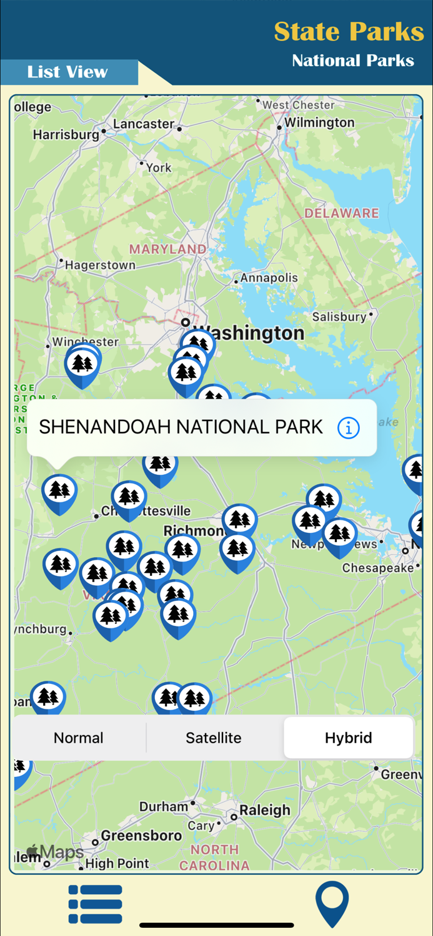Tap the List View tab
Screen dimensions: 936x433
(67, 72)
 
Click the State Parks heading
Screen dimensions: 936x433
(349, 31)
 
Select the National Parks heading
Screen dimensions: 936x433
(353, 61)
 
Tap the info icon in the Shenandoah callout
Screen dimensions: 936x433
(349, 427)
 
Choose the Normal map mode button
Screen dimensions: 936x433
(79, 738)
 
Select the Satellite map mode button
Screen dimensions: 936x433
(214, 738)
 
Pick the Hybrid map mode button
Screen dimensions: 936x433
(349, 738)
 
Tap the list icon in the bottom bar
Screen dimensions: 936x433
(95, 904)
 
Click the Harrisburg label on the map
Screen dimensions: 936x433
(66, 134)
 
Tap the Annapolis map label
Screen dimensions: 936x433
(269, 278)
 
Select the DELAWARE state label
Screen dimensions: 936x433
(341, 213)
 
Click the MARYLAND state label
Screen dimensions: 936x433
(167, 249)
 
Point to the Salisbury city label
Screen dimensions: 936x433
(339, 317)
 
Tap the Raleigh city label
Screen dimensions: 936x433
(265, 810)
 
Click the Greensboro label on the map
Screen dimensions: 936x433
(141, 836)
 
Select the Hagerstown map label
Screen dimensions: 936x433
(100, 265)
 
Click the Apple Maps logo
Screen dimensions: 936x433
(55, 852)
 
